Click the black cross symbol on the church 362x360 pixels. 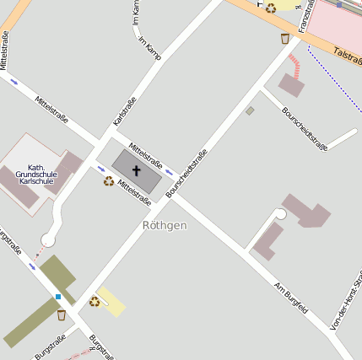[x=136, y=169]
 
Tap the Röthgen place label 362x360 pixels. [x=165, y=226]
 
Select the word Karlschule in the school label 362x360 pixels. [x=36, y=181]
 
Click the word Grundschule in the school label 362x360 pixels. [x=36, y=174]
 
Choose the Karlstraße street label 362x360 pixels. [x=124, y=112]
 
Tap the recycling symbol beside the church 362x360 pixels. [x=109, y=180]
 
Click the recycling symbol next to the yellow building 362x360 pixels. [x=95, y=301]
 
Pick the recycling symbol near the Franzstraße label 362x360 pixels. [x=271, y=8]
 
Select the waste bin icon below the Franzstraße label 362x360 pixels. [x=284, y=38]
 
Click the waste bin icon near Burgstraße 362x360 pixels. [x=61, y=315]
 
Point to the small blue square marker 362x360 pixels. [x=58, y=297]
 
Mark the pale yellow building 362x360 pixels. [x=111, y=301]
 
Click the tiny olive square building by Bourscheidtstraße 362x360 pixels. [x=250, y=110]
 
